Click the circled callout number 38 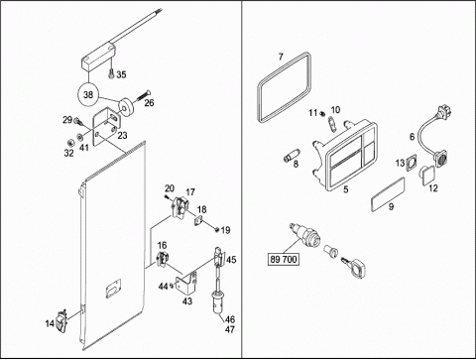(88, 95)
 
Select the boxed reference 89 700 (284, 259)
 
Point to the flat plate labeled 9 (388, 193)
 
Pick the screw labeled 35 (111, 73)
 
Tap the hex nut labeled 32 (70, 143)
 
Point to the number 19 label (225, 230)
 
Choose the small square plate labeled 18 (198, 220)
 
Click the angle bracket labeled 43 (186, 283)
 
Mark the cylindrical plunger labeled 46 (218, 300)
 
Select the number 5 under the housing (346, 189)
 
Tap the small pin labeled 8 (292, 156)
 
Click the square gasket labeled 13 (411, 161)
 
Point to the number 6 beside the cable (412, 137)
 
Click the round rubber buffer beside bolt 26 (126, 107)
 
